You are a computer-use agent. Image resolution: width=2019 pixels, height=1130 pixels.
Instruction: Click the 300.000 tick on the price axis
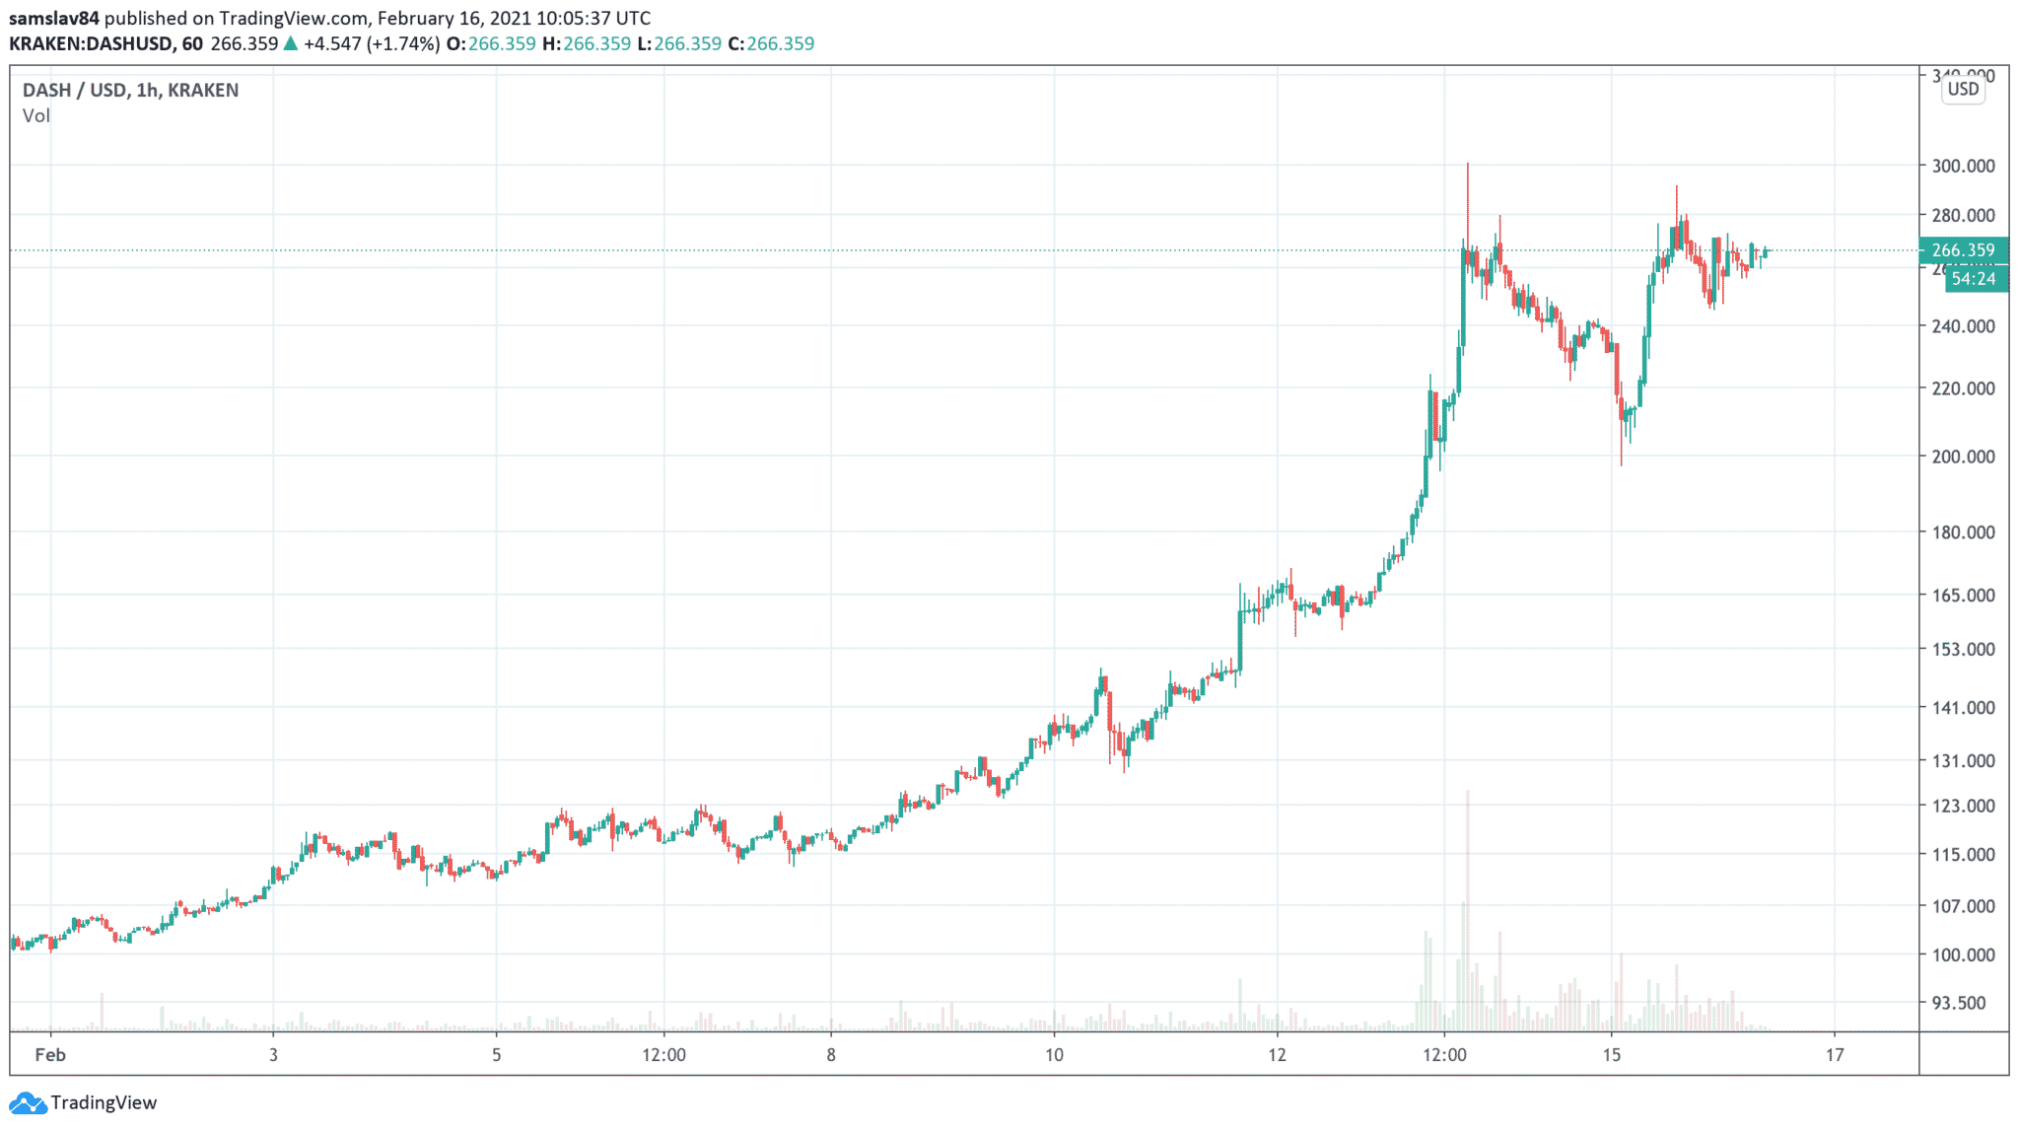pos(1963,166)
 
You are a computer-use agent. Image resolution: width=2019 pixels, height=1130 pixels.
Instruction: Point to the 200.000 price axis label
pos(1963,457)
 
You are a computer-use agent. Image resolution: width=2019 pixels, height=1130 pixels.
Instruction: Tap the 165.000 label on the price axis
pos(1963,596)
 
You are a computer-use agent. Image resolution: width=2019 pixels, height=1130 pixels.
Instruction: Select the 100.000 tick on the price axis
pos(1963,954)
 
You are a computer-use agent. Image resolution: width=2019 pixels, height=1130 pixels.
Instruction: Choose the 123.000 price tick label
pos(1963,806)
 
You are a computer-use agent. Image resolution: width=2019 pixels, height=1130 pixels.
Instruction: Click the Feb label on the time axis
pos(50,1055)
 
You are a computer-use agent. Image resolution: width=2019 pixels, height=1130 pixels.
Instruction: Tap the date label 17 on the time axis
pos(1834,1055)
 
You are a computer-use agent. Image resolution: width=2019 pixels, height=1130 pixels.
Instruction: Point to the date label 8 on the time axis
pos(831,1055)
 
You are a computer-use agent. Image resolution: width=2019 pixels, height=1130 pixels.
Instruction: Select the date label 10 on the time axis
pos(1054,1055)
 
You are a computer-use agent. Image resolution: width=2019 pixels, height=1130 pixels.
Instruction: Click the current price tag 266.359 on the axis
pos(1963,250)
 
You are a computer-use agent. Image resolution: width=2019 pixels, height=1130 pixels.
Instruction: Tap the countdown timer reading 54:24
pos(1973,279)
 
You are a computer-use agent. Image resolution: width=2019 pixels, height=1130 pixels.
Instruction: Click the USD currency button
pos(1963,90)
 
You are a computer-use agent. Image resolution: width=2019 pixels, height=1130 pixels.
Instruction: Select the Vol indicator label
pos(36,116)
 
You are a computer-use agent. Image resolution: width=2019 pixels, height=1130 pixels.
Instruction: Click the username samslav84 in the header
pos(54,18)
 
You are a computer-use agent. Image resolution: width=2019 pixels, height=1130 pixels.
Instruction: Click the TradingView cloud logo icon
pos(27,1102)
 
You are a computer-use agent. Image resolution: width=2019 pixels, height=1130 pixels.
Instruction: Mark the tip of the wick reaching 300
pos(1467,165)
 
